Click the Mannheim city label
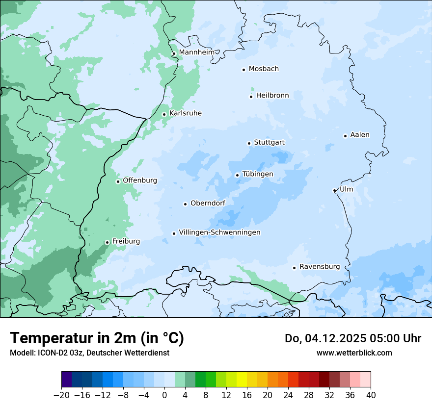tap(196, 52)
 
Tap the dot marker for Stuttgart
tap(249, 143)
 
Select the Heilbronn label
tap(272, 96)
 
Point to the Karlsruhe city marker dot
tap(164, 114)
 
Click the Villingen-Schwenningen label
tap(219, 232)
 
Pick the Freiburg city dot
tap(107, 242)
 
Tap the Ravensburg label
tap(319, 267)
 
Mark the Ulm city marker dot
tap(334, 190)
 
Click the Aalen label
tap(360, 135)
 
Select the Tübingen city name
tap(258, 174)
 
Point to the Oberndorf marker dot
tap(185, 204)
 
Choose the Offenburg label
tap(140, 180)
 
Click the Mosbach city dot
tap(243, 70)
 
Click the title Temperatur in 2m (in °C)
tap(97, 338)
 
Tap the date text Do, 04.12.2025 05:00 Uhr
tap(353, 338)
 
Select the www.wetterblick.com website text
tap(354, 353)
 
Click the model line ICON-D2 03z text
tap(89, 353)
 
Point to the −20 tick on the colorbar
tap(62, 395)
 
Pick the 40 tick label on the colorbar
tap(371, 395)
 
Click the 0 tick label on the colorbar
tap(164, 395)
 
